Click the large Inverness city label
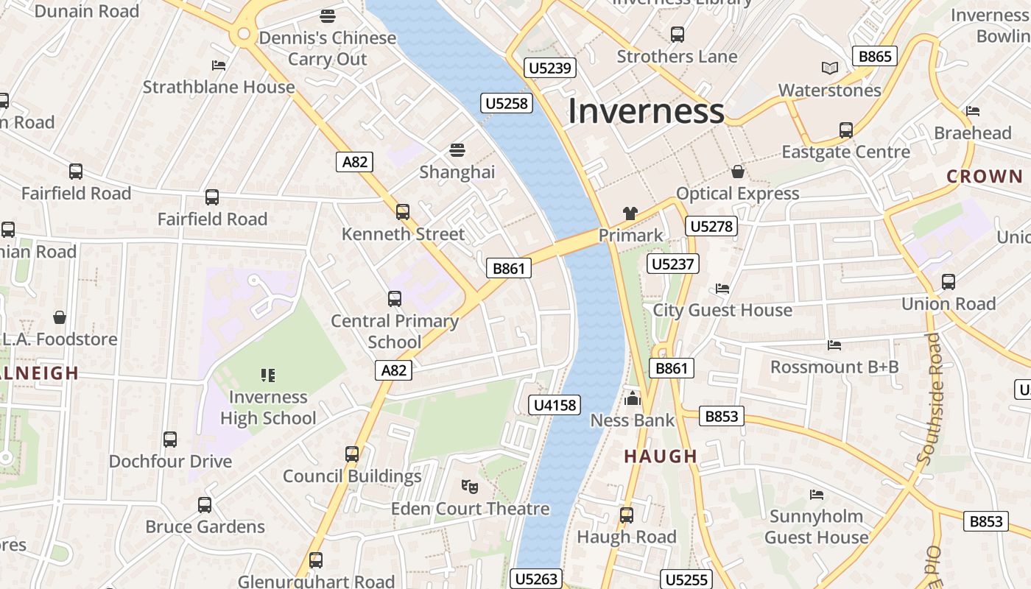[x=646, y=111]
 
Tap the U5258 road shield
[x=507, y=103]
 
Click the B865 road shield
[x=875, y=56]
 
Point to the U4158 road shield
[x=555, y=405]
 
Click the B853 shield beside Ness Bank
[x=721, y=416]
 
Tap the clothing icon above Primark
[x=630, y=214]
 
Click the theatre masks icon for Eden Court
[x=469, y=486]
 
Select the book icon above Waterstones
[x=830, y=68]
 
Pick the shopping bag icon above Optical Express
[x=737, y=172]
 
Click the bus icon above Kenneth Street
[x=402, y=212]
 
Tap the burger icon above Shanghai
[x=457, y=150]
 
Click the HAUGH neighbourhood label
[x=661, y=456]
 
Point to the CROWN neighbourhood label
[x=985, y=177]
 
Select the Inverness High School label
[x=268, y=407]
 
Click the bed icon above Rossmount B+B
[x=834, y=345]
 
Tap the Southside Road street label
[x=929, y=398]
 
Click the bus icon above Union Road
[x=949, y=281]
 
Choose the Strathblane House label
[x=219, y=87]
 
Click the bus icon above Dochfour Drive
[x=170, y=440]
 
